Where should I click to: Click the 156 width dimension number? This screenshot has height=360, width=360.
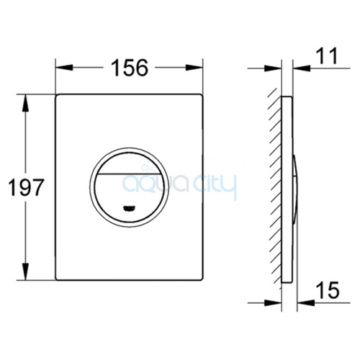(130, 68)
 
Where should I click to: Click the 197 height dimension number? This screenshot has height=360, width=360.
(26, 187)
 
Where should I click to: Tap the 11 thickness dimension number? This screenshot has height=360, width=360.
(327, 56)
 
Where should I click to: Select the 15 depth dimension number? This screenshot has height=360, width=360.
(328, 290)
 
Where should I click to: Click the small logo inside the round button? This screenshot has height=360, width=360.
(130, 209)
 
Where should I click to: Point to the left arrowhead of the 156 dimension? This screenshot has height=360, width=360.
(64, 68)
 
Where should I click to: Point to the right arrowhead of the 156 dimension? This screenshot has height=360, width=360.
(194, 68)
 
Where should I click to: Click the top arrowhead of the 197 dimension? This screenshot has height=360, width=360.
(25, 103)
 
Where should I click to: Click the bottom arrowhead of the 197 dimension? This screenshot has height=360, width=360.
(25, 271)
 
